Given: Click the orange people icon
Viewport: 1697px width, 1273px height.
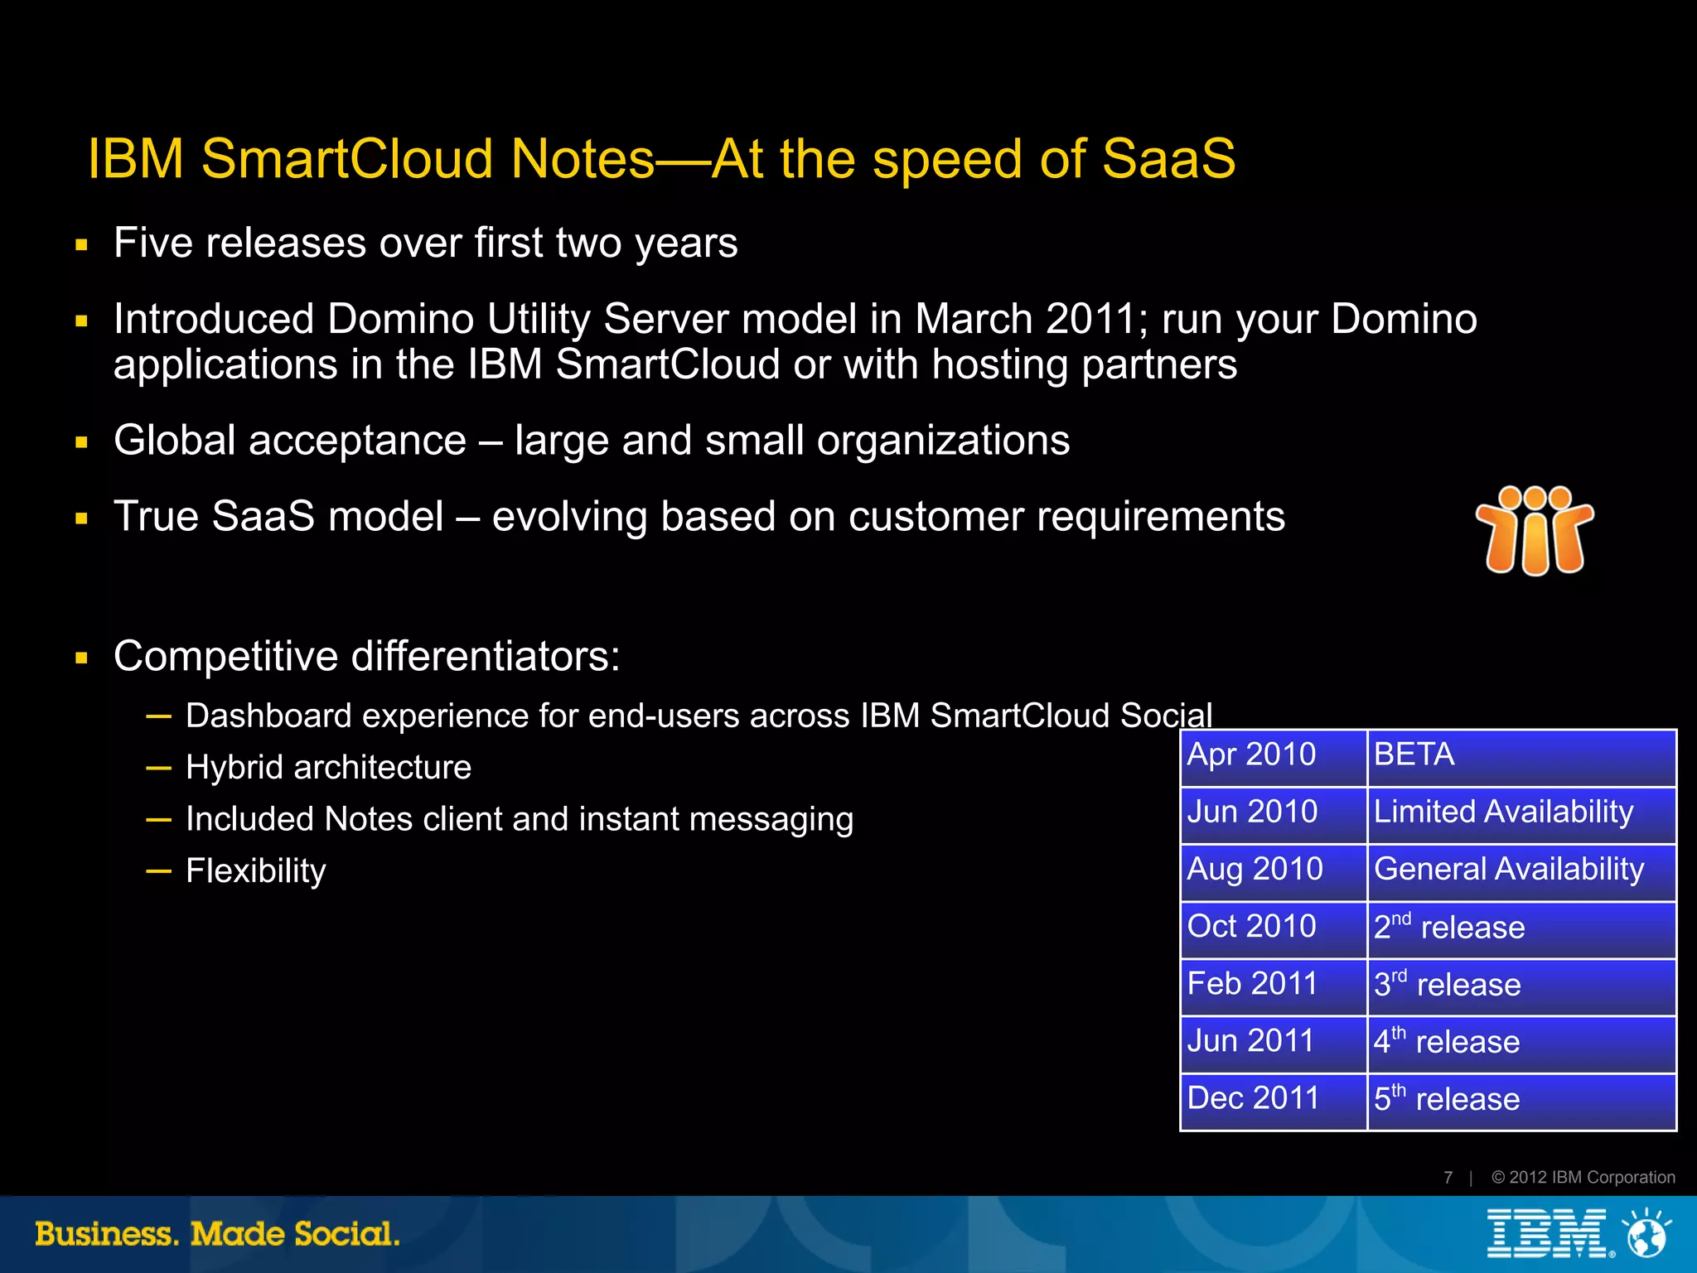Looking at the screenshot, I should point(1535,530).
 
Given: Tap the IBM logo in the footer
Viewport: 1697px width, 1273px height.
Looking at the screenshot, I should point(1547,1233).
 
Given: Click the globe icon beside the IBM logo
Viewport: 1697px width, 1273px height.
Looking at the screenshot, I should point(1646,1234).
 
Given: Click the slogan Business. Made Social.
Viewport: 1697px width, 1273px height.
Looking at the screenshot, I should point(217,1234).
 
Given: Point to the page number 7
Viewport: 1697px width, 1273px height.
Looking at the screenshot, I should point(1448,1178).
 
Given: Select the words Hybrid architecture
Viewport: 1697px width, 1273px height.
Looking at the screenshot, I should point(328,768).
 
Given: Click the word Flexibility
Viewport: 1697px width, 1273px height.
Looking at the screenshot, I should point(256,871).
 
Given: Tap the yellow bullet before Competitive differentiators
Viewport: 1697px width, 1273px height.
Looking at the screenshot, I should point(81,659).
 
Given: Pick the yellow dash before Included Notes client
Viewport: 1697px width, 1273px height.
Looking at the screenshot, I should point(158,820).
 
